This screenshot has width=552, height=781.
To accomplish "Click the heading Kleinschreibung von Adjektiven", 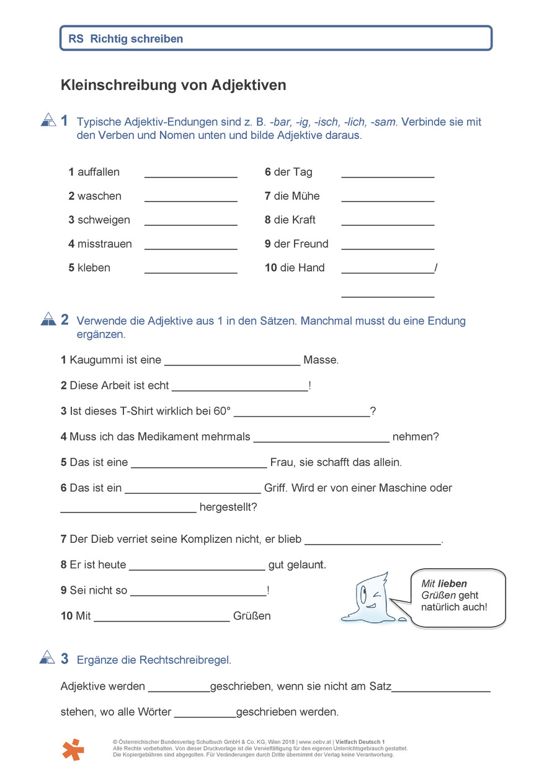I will click(173, 85).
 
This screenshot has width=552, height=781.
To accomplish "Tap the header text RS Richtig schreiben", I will click(126, 38).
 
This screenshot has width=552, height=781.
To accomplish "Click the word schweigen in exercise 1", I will click(104, 220).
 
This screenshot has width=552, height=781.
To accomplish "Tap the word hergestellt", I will click(228, 507).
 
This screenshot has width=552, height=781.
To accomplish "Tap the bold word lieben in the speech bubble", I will click(452, 583).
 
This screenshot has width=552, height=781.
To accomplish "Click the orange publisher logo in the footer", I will click(73, 749).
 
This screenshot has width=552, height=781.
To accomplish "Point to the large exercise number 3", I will click(65, 659).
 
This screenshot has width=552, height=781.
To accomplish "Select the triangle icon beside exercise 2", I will click(48, 319).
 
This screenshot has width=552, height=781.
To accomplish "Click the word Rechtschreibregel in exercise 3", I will click(189, 660).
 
